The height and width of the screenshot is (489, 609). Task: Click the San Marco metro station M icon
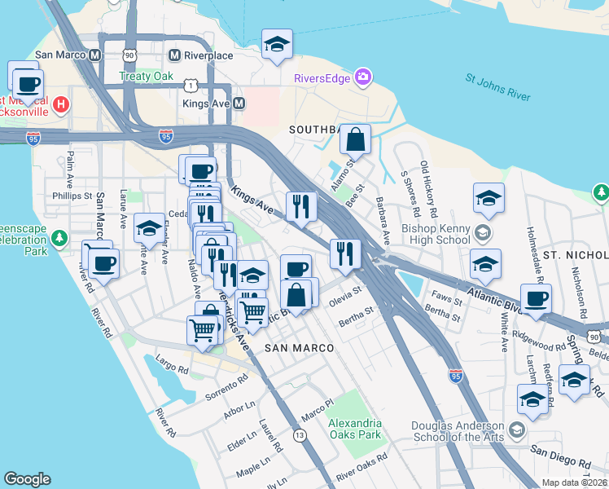tap(94, 55)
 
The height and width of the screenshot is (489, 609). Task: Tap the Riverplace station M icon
tap(173, 55)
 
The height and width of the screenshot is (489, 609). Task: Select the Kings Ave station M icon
tap(239, 104)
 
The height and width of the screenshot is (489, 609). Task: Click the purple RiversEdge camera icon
tap(362, 78)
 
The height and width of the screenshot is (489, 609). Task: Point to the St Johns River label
tap(497, 88)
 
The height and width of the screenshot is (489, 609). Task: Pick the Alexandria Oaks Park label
tap(354, 429)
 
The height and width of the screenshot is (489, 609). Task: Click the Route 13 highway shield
tap(300, 436)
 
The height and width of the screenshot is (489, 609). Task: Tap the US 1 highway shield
tap(191, 85)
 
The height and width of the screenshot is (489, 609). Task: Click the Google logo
tap(27, 479)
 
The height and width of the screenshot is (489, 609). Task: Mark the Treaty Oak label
tap(146, 77)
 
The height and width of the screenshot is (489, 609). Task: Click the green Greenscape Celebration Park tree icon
tap(59, 238)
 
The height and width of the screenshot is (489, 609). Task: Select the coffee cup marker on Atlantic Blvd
tap(536, 299)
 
